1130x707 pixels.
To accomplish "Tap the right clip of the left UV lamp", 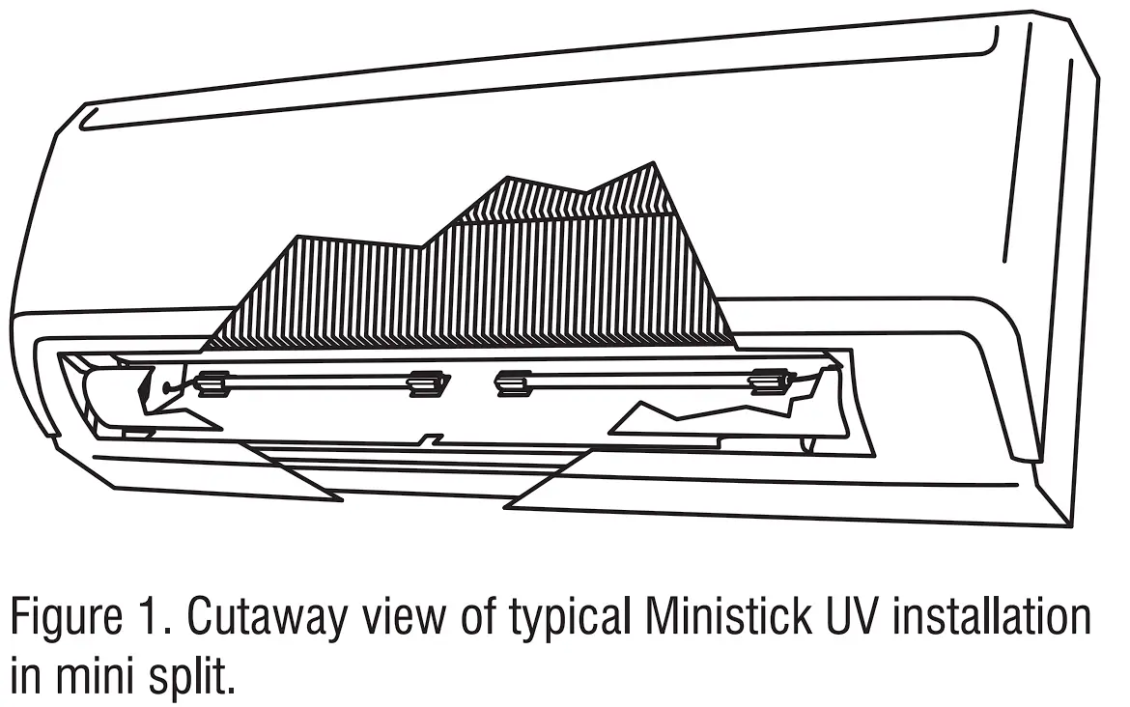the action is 426,383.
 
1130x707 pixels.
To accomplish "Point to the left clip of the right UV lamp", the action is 512,382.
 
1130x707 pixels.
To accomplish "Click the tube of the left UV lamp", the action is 319,382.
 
